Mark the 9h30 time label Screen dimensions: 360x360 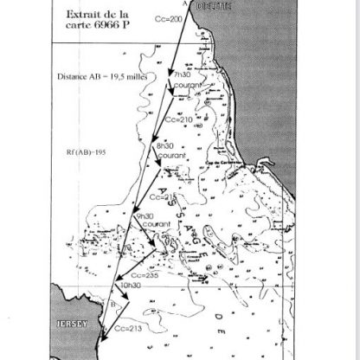[x=145, y=215]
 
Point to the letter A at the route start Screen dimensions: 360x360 [x=184, y=3]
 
